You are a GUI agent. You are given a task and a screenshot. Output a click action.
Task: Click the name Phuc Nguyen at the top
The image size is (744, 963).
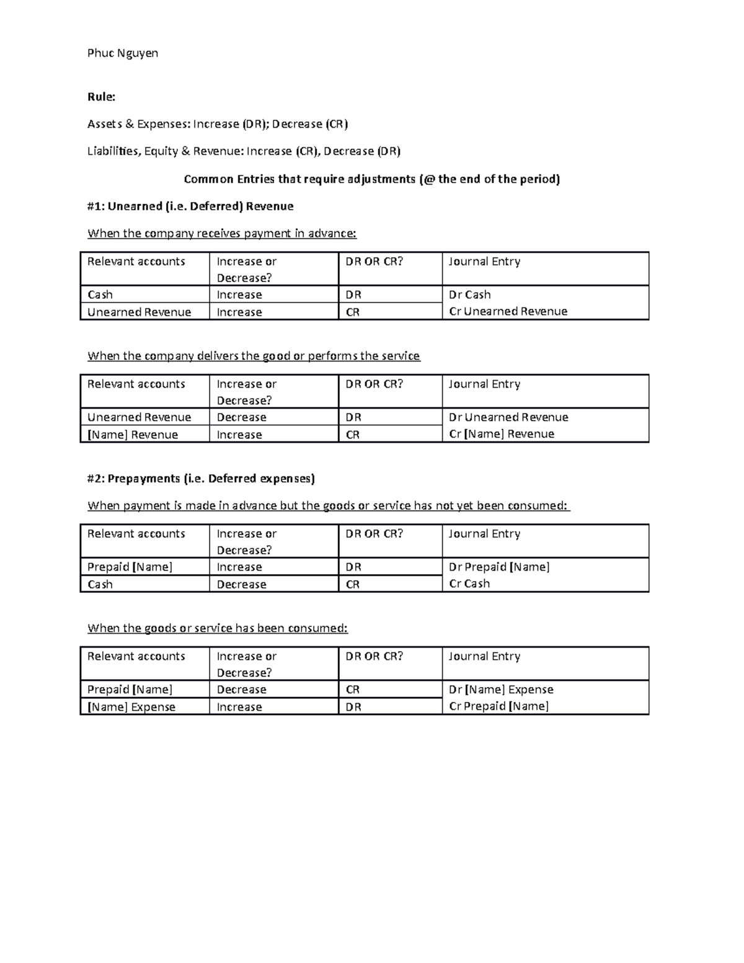(x=123, y=53)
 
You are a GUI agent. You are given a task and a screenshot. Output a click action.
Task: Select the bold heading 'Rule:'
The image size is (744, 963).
(x=101, y=97)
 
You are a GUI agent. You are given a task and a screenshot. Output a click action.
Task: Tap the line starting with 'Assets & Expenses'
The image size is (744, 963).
(x=218, y=124)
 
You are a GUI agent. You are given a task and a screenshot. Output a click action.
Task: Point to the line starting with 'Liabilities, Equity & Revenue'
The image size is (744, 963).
(x=244, y=151)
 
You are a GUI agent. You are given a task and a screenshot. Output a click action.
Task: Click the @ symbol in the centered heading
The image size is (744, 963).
(x=427, y=179)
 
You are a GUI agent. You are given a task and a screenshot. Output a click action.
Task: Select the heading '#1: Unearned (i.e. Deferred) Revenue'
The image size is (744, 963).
(x=190, y=206)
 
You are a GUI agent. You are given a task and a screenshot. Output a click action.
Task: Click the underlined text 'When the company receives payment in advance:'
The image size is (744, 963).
(x=222, y=234)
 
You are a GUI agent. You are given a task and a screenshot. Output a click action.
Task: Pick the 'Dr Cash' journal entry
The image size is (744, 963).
(x=469, y=295)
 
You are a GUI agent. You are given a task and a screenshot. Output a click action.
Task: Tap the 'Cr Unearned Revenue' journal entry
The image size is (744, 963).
(x=508, y=311)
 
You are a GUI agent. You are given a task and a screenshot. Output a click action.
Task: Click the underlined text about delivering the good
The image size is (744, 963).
(x=254, y=356)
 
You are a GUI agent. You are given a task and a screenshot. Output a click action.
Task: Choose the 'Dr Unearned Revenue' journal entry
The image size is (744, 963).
(x=508, y=417)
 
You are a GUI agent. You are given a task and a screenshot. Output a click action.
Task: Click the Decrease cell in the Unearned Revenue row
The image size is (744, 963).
(x=241, y=417)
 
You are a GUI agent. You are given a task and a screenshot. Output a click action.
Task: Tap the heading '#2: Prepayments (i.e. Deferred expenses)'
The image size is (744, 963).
(x=201, y=478)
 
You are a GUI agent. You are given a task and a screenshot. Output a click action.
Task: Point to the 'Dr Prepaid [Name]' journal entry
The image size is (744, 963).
(x=499, y=567)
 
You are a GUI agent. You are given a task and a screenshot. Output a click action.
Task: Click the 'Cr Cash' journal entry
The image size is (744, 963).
(x=469, y=584)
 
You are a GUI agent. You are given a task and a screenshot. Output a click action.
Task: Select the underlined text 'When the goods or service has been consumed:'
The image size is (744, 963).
(x=218, y=628)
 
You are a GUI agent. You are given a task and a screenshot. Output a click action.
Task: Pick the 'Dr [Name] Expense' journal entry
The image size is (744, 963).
(x=501, y=690)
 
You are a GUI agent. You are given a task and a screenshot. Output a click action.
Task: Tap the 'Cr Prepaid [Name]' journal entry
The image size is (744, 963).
(x=498, y=706)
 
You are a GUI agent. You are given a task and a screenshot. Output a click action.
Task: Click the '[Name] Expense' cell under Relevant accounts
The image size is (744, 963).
(x=131, y=707)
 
